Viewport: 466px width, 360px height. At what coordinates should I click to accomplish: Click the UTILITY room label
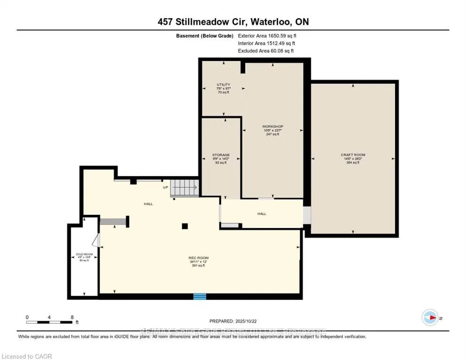pyautogui.click(x=223, y=85)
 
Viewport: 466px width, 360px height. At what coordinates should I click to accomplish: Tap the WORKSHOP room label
pyautogui.click(x=272, y=127)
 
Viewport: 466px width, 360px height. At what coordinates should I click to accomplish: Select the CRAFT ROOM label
pyautogui.click(x=353, y=155)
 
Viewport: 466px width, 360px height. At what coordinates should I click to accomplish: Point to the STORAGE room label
pyautogui.click(x=221, y=155)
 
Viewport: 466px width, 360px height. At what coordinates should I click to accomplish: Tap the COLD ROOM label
pyautogui.click(x=84, y=255)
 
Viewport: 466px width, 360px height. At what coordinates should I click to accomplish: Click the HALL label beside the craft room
pyautogui.click(x=262, y=214)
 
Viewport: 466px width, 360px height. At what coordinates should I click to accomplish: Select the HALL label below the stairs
pyautogui.click(x=148, y=204)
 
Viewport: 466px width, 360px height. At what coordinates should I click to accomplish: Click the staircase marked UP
pyautogui.click(x=183, y=188)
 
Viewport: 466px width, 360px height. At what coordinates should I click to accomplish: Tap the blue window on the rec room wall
pyautogui.click(x=200, y=296)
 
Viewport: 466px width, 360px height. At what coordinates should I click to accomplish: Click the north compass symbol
pyautogui.click(x=429, y=318)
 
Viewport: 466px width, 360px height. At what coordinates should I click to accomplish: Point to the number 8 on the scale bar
pyautogui.click(x=72, y=317)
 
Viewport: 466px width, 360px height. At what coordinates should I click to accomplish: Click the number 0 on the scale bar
pyautogui.click(x=27, y=317)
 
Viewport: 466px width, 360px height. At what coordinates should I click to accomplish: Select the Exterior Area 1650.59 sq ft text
pyautogui.click(x=267, y=36)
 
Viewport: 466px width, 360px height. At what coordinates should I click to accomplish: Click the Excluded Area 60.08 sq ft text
pyautogui.click(x=266, y=51)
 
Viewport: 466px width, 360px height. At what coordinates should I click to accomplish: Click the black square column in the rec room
pyautogui.click(x=185, y=226)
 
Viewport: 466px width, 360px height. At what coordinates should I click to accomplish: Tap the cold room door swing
pyautogui.click(x=95, y=240)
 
